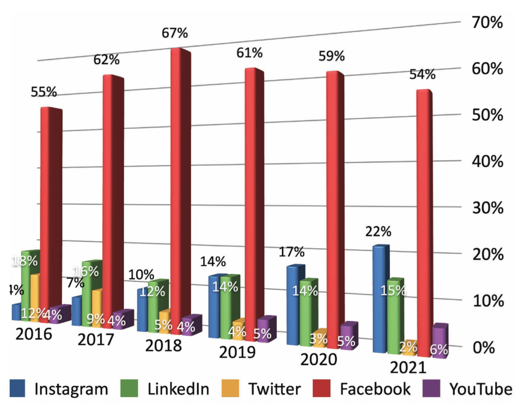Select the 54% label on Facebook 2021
(x=422, y=75)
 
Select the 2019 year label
(x=237, y=352)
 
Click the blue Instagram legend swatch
(x=18, y=389)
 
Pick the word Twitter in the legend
(x=273, y=389)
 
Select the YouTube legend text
(x=481, y=389)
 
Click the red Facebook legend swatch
(x=324, y=389)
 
